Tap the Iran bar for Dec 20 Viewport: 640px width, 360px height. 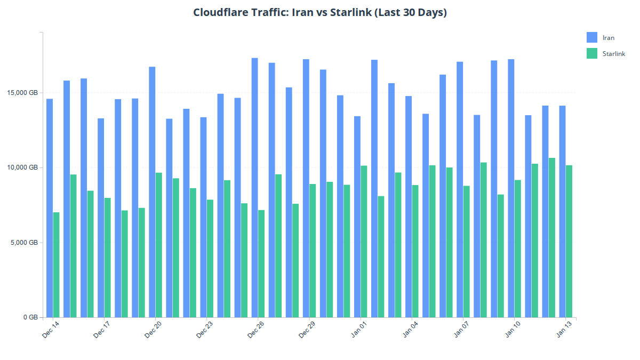coord(152,192)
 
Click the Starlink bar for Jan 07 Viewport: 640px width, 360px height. coord(467,251)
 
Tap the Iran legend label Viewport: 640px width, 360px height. coord(608,38)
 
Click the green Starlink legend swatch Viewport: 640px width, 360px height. coord(591,53)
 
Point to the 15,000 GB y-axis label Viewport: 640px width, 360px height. coord(25,93)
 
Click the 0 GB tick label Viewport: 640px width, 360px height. coord(30,317)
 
